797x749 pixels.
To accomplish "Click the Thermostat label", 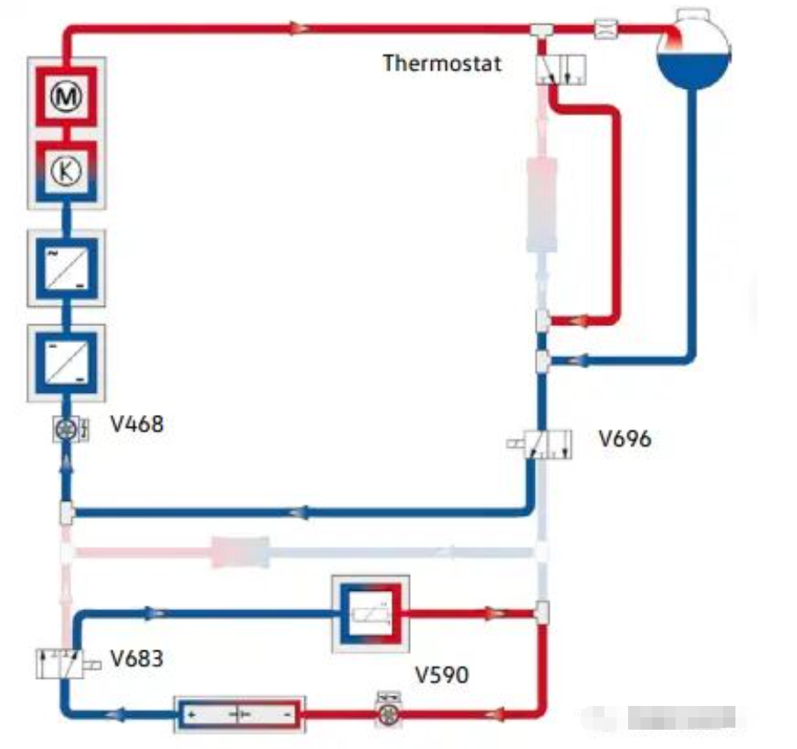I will (442, 63).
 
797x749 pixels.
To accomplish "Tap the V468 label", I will (136, 425).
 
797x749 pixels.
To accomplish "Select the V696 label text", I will (625, 438).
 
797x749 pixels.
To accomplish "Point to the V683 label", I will (136, 658).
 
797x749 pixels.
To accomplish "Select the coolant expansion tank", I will (695, 49).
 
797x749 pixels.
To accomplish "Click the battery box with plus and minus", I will (239, 714).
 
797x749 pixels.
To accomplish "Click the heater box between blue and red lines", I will (369, 614).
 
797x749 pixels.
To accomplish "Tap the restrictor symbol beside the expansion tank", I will (606, 28).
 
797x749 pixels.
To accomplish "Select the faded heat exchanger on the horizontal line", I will (239, 553).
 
